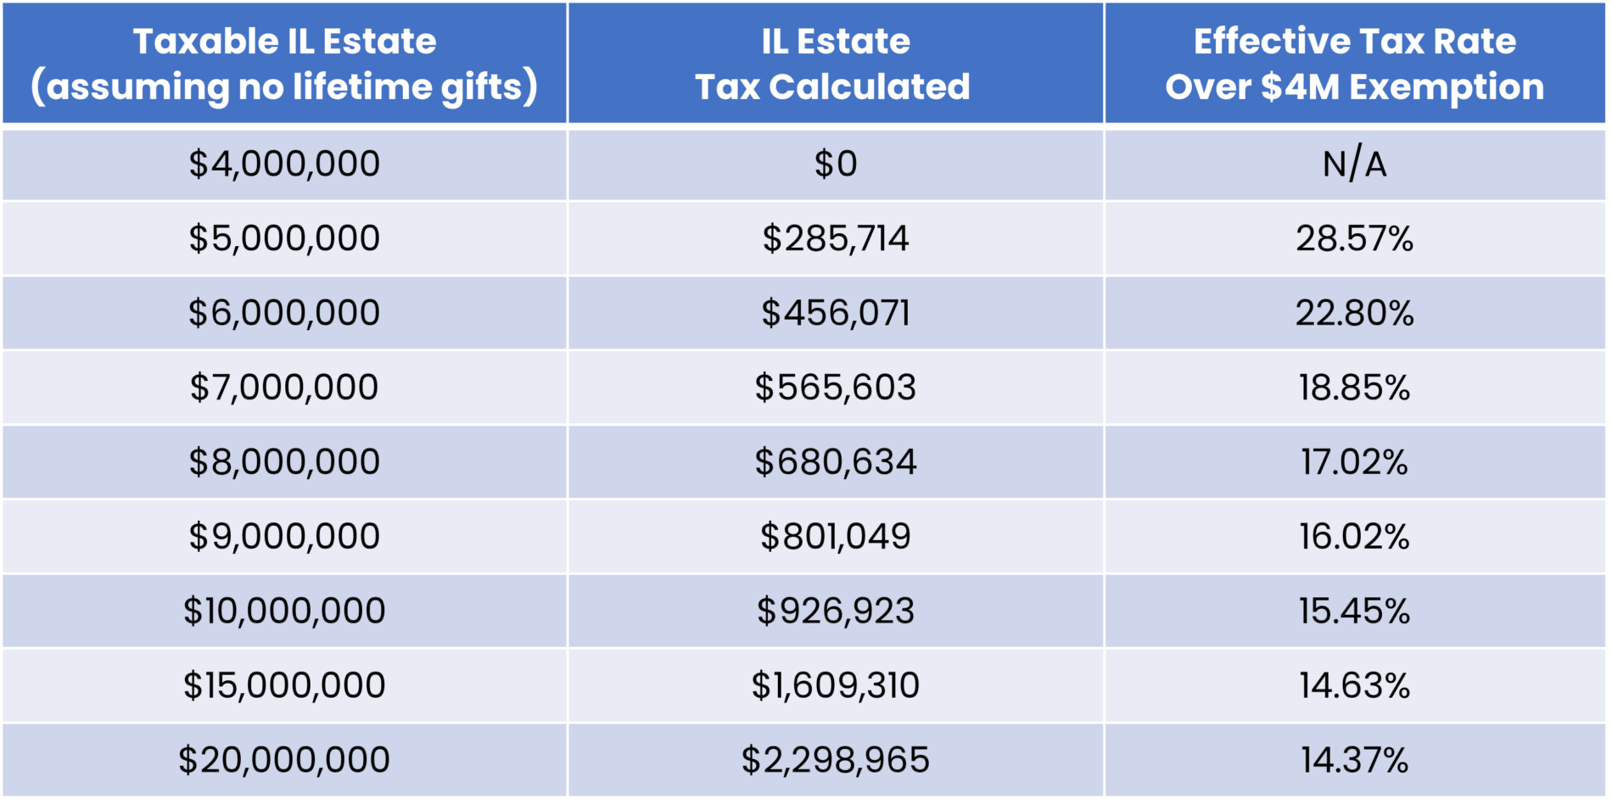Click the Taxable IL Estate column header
284,64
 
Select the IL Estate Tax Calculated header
835,64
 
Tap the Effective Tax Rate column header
1354,64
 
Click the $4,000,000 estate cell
284,164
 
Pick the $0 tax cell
835,164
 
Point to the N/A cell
1354,164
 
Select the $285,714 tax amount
835,238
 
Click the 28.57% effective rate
1354,238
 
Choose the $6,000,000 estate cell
284,313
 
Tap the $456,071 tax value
835,313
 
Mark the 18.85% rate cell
1354,388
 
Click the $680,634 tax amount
835,462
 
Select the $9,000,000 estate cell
284,537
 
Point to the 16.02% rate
1354,537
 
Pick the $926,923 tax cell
835,611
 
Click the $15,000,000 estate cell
284,685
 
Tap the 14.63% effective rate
1354,685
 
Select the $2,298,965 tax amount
835,760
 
